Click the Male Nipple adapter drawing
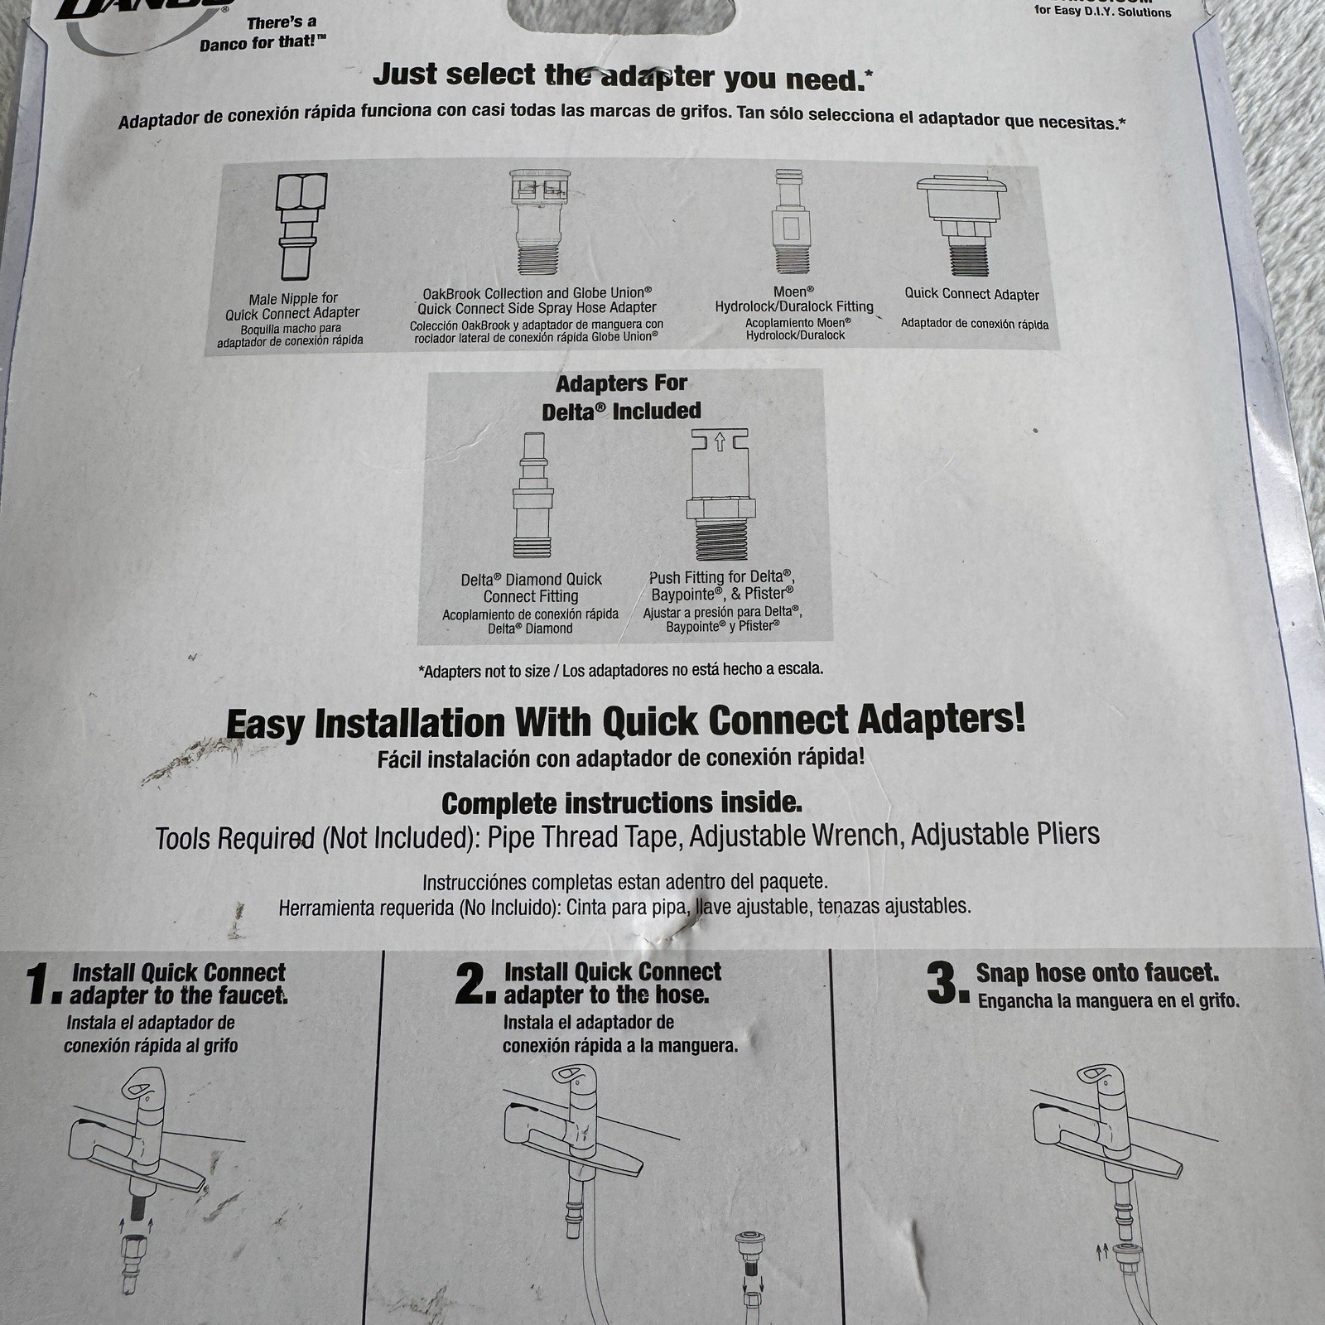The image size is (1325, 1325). click(x=301, y=226)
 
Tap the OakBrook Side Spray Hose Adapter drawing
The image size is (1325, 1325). click(x=539, y=222)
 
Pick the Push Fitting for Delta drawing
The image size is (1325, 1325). click(x=720, y=495)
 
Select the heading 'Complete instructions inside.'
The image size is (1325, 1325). click(x=622, y=803)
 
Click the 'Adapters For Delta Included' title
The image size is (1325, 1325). click(x=621, y=397)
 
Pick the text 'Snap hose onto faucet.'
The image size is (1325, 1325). click(x=1097, y=972)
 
